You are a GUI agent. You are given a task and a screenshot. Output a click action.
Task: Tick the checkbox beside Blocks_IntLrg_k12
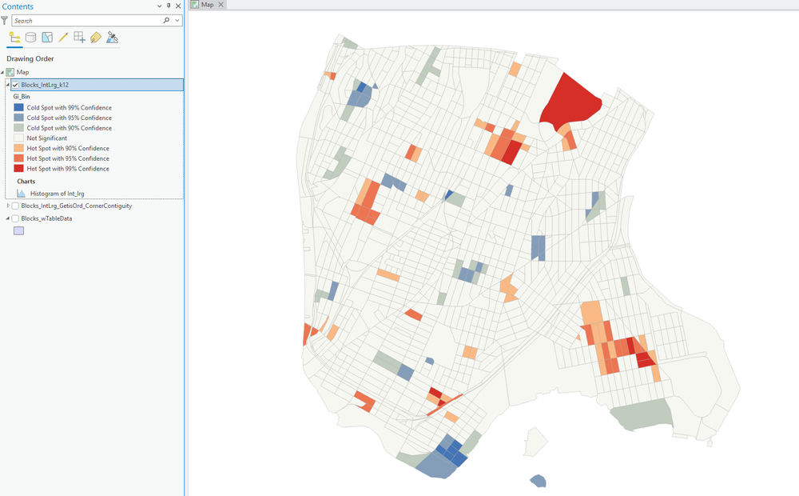coord(15,85)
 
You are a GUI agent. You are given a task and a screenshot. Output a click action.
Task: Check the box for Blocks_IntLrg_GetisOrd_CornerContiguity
coord(15,206)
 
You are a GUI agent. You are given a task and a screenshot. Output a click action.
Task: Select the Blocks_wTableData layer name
coord(46,218)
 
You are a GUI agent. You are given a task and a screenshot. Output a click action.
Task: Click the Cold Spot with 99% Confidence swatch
coord(19,107)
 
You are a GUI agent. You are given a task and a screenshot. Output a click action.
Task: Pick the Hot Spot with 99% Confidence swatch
coord(19,169)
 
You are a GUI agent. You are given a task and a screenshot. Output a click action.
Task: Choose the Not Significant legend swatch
coord(19,138)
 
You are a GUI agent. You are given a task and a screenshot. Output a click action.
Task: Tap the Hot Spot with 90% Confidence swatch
coord(19,149)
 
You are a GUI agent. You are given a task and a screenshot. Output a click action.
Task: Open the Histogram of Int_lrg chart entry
coord(57,194)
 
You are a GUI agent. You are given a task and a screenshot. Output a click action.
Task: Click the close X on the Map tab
coord(221,5)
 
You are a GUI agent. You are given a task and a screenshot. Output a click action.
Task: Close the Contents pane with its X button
coord(178,6)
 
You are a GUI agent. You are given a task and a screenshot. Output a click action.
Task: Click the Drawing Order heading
coord(30,58)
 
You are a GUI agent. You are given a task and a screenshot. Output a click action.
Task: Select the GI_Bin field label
coord(22,97)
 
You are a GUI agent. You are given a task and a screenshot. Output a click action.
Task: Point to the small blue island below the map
coord(539,481)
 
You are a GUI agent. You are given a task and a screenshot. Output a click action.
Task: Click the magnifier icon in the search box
coord(166,21)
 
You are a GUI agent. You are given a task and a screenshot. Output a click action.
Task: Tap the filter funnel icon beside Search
coord(5,21)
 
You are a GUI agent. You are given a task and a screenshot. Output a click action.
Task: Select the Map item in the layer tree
coord(22,72)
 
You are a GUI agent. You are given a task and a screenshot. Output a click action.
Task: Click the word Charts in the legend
coord(26,182)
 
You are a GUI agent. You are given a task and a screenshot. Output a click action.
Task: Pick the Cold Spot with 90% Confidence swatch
coord(19,128)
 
